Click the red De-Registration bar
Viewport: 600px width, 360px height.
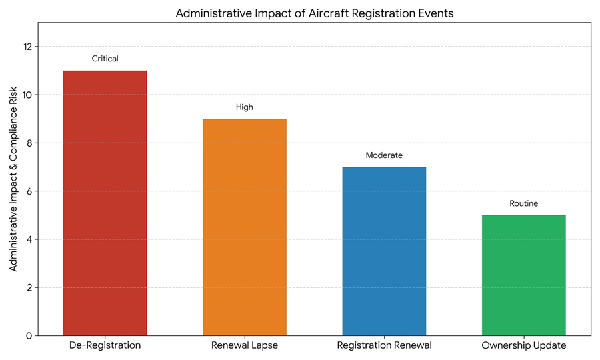105,203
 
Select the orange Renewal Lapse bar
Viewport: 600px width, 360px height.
245,227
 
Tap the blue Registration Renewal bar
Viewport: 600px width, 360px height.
384,251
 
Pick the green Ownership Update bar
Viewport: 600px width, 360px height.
523,275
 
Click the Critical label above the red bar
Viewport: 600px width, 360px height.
105,59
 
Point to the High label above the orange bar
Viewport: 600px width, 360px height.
245,107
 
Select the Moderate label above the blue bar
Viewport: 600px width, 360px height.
384,155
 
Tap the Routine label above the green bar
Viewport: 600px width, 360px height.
523,203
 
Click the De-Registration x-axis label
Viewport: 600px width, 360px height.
105,346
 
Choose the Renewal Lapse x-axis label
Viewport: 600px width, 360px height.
245,346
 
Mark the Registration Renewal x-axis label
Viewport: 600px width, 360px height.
384,346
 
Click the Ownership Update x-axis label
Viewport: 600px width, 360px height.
523,346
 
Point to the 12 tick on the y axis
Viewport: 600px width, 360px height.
27,47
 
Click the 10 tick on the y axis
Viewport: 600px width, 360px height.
27,95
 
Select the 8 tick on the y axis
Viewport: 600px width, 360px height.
29,143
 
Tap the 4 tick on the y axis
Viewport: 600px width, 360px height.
29,239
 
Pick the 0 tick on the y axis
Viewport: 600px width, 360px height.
29,335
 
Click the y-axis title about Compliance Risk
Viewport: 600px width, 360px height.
13,180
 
